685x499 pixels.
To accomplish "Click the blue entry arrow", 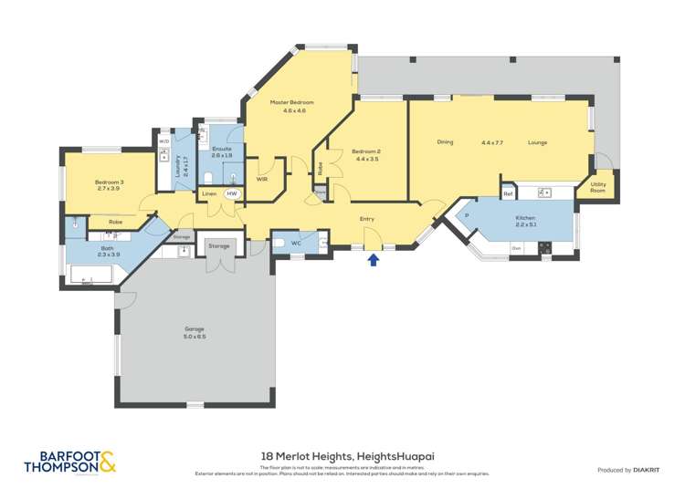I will coord(373,261).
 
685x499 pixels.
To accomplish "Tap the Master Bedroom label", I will coord(292,102).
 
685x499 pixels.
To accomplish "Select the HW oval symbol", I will coord(232,194).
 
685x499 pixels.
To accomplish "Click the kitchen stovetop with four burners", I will coord(544,246).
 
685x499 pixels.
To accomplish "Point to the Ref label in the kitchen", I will coord(508,194).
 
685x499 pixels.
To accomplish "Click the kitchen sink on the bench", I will coord(545,192).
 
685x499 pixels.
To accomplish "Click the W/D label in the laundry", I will coord(164,141).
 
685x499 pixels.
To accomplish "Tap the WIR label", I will coord(261,179).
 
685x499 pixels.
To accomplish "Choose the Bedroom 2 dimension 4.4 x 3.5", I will coord(367,159).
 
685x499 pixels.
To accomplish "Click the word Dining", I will coord(445,142).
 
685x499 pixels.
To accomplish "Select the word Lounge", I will coord(537,142).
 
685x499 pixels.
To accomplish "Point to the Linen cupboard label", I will coord(209,194).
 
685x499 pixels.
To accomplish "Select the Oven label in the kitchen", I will coord(516,247).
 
